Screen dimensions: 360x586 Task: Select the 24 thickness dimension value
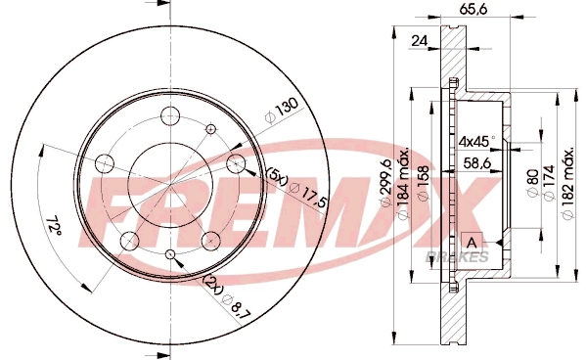(419, 41)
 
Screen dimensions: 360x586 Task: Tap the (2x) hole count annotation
(211, 282)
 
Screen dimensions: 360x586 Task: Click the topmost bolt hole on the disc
(166, 113)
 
